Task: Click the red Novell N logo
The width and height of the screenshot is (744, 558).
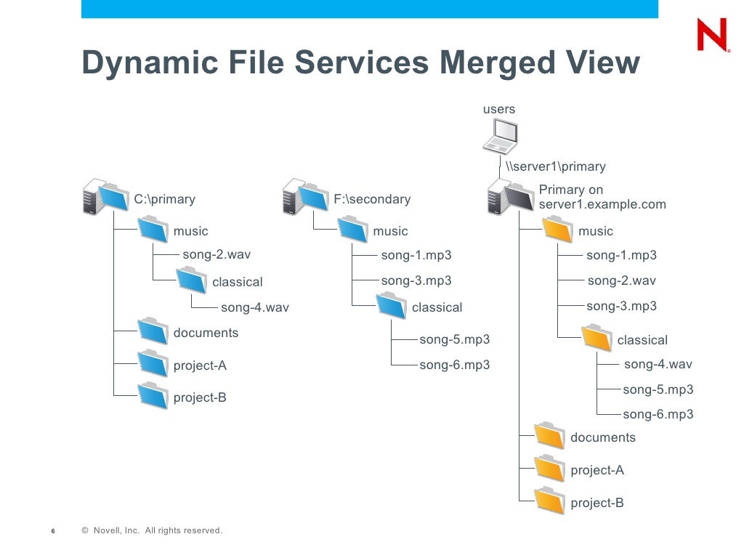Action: point(711,35)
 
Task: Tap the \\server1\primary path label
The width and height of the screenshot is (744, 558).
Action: point(555,166)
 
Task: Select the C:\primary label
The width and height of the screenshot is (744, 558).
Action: point(164,199)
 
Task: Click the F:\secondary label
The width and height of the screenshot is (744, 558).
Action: point(371,199)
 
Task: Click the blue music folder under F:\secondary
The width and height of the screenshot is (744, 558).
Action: point(352,230)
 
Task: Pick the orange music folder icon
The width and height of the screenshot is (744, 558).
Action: point(557,230)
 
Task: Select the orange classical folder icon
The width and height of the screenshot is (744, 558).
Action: point(597,339)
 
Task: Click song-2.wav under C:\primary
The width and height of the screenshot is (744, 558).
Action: point(217,254)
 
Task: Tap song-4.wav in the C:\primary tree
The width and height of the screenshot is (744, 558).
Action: point(254,307)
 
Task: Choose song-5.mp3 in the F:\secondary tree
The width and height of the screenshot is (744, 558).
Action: point(454,339)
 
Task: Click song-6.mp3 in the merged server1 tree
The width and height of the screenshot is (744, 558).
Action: point(658,414)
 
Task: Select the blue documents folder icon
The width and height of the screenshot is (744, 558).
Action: point(153,331)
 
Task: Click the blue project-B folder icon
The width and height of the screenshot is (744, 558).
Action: point(153,396)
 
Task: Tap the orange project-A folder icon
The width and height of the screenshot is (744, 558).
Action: point(549,469)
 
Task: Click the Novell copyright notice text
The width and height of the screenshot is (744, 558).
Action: point(152,530)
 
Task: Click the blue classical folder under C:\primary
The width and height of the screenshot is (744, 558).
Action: point(192,280)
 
